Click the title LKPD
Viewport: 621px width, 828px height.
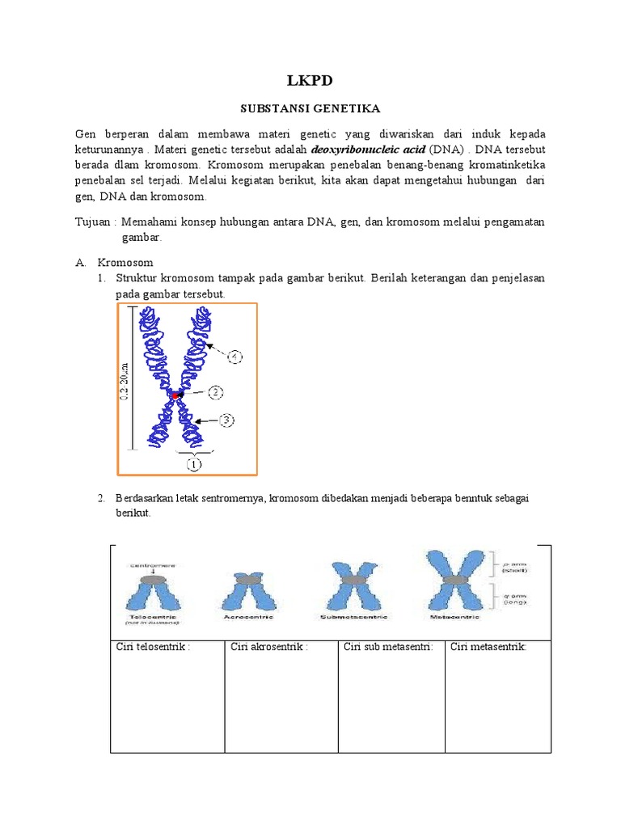coord(310,80)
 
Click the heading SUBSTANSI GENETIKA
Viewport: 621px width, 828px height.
coord(310,108)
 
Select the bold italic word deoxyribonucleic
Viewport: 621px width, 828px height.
coord(352,150)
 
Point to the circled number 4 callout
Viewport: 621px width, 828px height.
coord(234,356)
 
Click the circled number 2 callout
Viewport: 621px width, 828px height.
coord(216,393)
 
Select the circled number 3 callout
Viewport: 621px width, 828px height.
coord(228,420)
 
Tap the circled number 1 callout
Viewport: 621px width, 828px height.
coord(194,464)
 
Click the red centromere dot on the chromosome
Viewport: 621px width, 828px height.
coord(177,395)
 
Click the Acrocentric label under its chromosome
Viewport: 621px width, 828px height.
coord(247,616)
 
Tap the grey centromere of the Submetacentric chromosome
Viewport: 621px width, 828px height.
coord(353,581)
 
